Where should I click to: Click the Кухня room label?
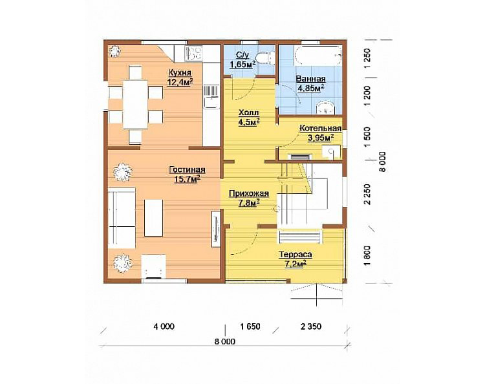click(x=180, y=72)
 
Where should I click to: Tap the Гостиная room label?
click(x=187, y=170)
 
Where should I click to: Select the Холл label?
click(x=248, y=112)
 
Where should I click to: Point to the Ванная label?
click(x=310, y=79)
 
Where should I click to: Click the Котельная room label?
click(x=321, y=128)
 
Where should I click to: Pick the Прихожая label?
click(x=249, y=194)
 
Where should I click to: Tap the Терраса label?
click(x=296, y=255)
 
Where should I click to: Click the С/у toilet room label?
click(x=242, y=55)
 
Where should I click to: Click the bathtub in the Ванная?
click(x=319, y=56)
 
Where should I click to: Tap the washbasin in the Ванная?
click(x=325, y=108)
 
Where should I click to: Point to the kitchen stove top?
click(x=193, y=53)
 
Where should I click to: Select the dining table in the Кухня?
click(x=135, y=104)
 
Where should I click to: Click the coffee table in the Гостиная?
click(x=153, y=218)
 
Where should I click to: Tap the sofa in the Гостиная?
click(x=122, y=218)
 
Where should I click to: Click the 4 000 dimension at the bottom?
click(x=164, y=326)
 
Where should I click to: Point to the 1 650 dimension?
click(x=250, y=326)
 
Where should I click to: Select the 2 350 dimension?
click(x=311, y=326)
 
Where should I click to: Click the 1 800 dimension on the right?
click(x=367, y=255)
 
